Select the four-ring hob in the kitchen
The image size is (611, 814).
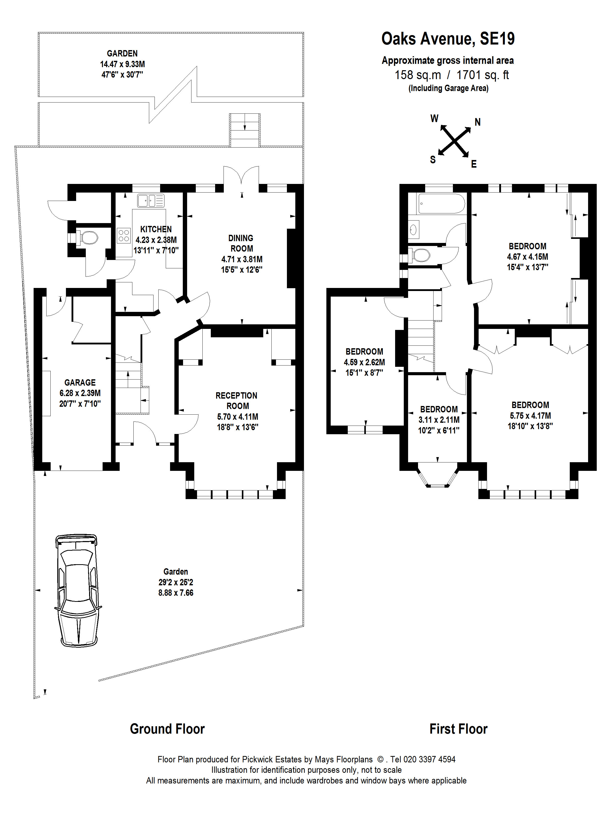[124, 236]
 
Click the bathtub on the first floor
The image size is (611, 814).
[441, 203]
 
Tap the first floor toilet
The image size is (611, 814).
[420, 255]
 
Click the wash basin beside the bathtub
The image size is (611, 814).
[414, 230]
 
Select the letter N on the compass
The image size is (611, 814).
[478, 122]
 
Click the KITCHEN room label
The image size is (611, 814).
[156, 229]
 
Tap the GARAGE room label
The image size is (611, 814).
[80, 382]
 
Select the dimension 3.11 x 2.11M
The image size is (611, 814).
[439, 419]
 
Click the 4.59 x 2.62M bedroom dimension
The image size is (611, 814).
[364, 362]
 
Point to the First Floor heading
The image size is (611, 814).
[458, 729]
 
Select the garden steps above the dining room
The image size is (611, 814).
[245, 130]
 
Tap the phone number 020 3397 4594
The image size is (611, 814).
[429, 759]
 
